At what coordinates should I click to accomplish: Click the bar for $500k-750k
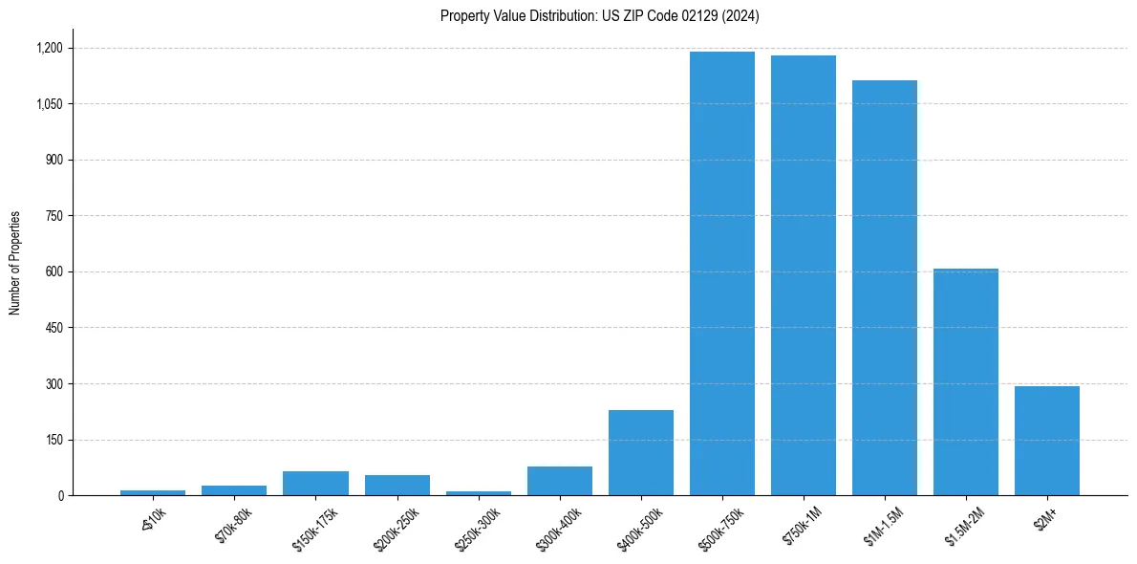point(722,273)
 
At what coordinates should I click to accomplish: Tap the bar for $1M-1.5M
point(885,288)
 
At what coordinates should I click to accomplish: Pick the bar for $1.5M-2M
point(966,382)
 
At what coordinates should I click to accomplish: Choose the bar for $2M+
point(1047,441)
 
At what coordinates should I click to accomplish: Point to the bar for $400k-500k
point(641,453)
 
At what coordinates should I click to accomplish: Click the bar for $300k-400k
point(560,481)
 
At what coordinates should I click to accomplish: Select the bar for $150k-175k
point(316,484)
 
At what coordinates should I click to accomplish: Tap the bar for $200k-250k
point(397,486)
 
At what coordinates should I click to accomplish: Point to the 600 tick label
point(55,271)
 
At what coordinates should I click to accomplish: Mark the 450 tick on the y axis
point(55,328)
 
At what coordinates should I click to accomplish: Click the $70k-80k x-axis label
point(235,521)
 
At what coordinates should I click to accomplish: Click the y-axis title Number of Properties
point(15,263)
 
